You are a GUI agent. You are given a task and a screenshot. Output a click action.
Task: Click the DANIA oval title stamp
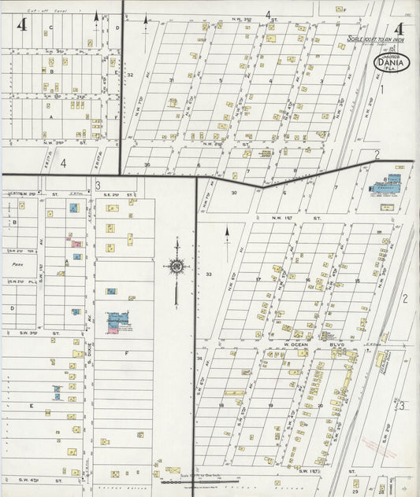(391, 61)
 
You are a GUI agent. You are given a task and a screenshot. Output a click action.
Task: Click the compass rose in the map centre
(176, 267)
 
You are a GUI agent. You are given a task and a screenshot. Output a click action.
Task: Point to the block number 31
(170, 80)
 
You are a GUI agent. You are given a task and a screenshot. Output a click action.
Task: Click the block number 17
(258, 279)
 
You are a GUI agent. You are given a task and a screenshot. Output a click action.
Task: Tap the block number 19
(270, 406)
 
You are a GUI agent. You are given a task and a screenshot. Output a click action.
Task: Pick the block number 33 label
(209, 274)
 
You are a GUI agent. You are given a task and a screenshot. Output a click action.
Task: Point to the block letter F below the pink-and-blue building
(126, 353)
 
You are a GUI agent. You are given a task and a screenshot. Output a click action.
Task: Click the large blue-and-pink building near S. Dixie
(118, 321)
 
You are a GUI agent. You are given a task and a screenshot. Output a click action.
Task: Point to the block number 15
(357, 281)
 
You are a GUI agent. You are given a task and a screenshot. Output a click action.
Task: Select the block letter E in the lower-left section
(32, 406)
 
